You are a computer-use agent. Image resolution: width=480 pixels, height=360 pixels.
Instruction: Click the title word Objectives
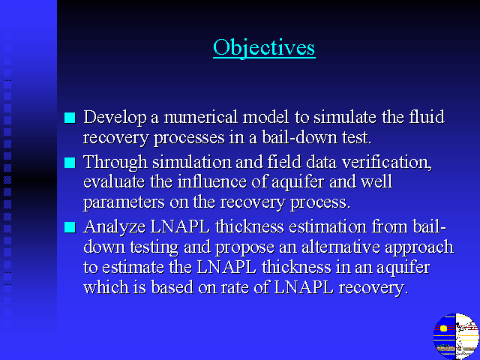(x=264, y=48)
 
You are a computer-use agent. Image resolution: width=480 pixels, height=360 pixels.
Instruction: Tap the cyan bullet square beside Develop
(x=70, y=118)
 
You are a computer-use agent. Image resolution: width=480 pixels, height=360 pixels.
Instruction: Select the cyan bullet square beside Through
(x=70, y=163)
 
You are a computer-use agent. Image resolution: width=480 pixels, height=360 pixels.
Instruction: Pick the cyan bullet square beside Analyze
(x=70, y=227)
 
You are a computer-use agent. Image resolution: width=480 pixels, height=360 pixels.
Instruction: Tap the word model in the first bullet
(x=265, y=117)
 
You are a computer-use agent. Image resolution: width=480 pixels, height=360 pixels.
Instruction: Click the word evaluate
(x=114, y=181)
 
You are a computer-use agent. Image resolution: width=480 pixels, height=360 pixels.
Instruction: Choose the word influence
(x=212, y=181)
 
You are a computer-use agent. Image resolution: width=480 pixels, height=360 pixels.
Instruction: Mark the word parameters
(x=124, y=202)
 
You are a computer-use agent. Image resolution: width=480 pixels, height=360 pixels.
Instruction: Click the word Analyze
(x=115, y=227)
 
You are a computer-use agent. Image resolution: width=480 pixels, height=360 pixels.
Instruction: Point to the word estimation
(x=328, y=226)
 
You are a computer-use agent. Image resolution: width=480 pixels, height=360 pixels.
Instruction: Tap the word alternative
(x=341, y=247)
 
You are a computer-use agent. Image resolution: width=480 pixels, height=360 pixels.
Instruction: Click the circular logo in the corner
(x=456, y=336)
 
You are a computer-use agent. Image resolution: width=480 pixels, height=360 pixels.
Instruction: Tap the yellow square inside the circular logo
(x=443, y=328)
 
